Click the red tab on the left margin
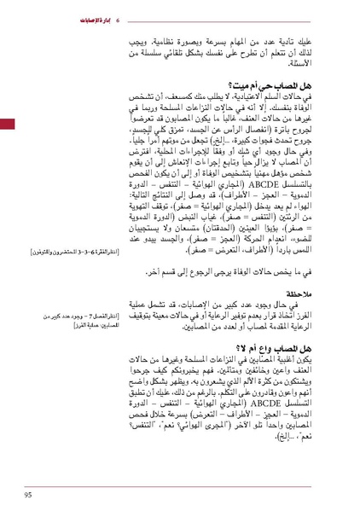[6, 125]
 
